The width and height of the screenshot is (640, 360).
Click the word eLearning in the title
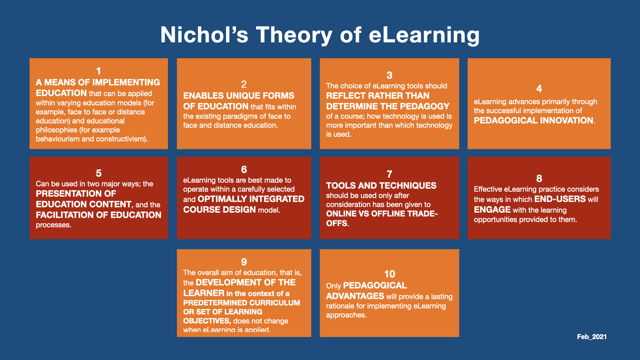coord(424,35)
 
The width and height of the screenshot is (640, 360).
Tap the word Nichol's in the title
coord(204,35)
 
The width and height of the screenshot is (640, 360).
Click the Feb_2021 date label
coord(592,337)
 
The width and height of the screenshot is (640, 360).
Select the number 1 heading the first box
coord(99,71)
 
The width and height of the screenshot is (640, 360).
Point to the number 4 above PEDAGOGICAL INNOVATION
coord(539,89)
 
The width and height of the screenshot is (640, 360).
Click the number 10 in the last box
coord(389,274)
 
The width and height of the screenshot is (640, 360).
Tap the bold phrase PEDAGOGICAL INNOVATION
coord(534,120)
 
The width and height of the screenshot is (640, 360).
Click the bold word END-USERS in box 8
coord(560,199)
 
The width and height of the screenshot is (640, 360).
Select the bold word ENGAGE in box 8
coord(492,210)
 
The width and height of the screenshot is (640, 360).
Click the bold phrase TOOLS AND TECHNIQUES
coord(381,186)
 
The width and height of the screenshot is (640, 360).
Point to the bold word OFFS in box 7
coord(337,223)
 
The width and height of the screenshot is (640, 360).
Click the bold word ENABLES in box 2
coord(203,96)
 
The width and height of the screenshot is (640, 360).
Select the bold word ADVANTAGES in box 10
coord(355,296)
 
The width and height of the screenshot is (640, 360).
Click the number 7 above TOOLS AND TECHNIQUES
coord(389,174)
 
